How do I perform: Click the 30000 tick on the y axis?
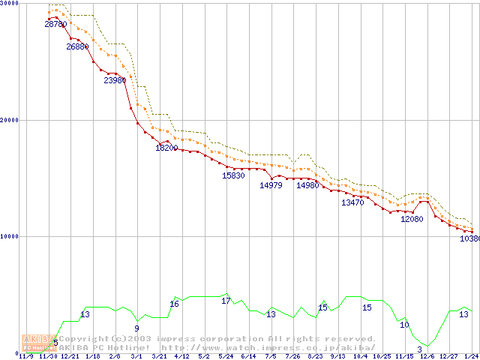click(x=10, y=4)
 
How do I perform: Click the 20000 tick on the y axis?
click(x=10, y=120)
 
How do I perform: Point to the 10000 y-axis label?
click(x=10, y=236)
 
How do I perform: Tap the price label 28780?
click(x=55, y=24)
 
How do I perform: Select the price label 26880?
click(x=77, y=46)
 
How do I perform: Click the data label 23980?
click(x=115, y=80)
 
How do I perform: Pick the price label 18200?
click(x=166, y=148)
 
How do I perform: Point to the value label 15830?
click(x=233, y=175)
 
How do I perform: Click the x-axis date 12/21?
click(x=70, y=356)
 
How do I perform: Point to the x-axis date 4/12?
click(x=181, y=356)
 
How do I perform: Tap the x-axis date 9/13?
click(x=337, y=356)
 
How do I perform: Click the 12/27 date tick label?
click(x=448, y=356)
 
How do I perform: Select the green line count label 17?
click(x=226, y=301)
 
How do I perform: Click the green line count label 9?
click(x=136, y=328)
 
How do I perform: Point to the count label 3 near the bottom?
click(x=419, y=349)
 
